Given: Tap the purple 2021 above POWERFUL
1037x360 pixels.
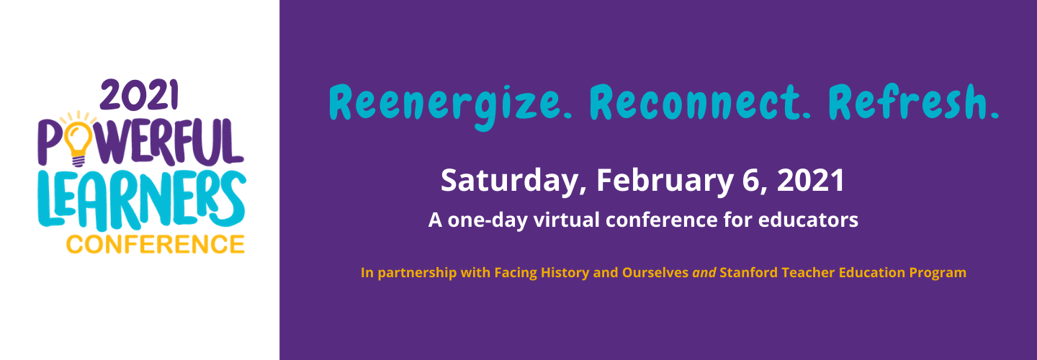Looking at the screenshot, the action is click(138, 95).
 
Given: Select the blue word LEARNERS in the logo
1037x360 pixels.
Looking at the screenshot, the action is click(142, 200).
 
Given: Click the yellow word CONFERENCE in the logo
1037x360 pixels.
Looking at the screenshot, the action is click(155, 245).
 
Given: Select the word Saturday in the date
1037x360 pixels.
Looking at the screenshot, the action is click(510, 181).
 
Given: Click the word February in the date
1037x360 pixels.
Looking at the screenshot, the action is click(665, 181).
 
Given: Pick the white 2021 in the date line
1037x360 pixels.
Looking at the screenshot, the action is click(811, 180).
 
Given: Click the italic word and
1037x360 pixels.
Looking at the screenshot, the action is click(704, 273).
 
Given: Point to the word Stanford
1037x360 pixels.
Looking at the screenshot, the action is click(749, 273).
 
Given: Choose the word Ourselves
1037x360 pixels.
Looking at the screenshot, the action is click(655, 273).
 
